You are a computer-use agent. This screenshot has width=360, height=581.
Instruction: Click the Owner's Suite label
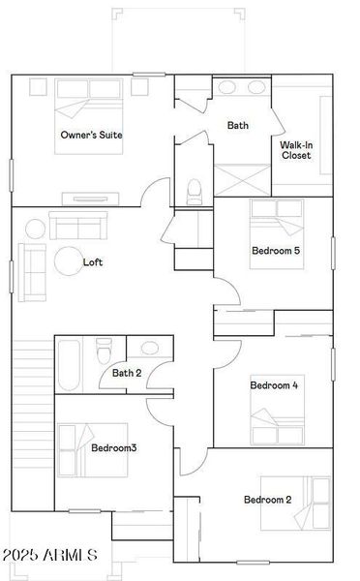pyautogui.click(x=91, y=135)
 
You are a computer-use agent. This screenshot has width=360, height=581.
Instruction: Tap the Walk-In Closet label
pyautogui.click(x=296, y=150)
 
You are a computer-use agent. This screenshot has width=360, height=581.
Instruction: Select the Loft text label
pyautogui.click(x=93, y=261)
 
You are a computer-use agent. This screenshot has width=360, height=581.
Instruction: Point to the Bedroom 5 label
pyautogui.click(x=276, y=251)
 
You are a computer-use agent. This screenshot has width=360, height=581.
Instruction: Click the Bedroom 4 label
pyautogui.click(x=274, y=385)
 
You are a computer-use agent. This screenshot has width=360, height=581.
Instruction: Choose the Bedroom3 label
pyautogui.click(x=113, y=447)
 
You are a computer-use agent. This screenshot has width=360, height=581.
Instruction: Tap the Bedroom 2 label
pyautogui.click(x=267, y=500)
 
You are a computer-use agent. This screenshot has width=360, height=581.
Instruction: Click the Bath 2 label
pyautogui.click(x=127, y=373)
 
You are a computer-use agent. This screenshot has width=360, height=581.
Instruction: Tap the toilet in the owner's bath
pyautogui.click(x=195, y=188)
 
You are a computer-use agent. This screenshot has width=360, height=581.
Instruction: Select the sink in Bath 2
pyautogui.click(x=151, y=347)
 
